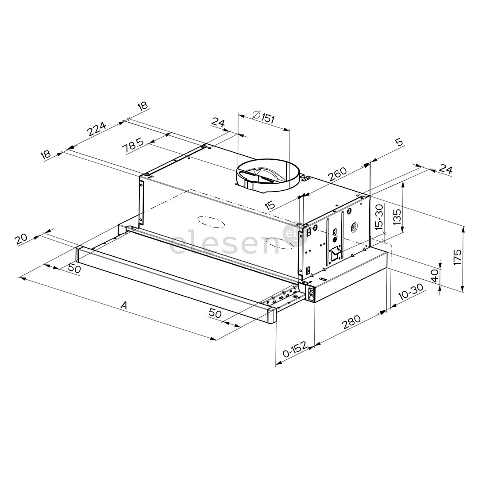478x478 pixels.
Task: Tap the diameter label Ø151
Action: click(264, 118)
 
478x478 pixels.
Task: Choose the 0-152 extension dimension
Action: click(294, 352)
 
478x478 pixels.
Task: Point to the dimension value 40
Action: click(434, 276)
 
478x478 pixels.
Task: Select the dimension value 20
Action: click(21, 239)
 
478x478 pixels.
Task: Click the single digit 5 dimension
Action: click(399, 143)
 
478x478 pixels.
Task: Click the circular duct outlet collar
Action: click(266, 177)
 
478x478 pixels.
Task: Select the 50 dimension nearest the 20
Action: click(74, 268)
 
